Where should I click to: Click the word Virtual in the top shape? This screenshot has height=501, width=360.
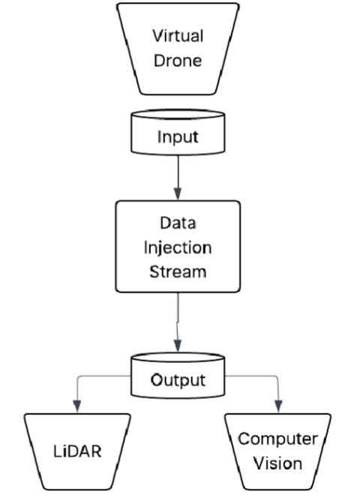tap(178, 36)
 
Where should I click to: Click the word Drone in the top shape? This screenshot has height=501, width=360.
tap(178, 61)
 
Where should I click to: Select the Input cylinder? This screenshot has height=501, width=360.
tap(178, 137)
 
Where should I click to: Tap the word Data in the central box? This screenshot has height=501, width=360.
tap(178, 223)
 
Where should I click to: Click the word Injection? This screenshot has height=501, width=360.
tap(178, 247)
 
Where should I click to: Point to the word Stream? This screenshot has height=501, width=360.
tap(178, 271)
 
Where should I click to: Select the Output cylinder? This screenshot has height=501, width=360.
tap(178, 379)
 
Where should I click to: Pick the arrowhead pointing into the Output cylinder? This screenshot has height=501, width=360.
tap(178, 346)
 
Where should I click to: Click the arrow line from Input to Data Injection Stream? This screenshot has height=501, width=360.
tap(178, 172)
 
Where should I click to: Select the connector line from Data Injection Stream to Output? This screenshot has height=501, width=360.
tap(178, 319)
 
